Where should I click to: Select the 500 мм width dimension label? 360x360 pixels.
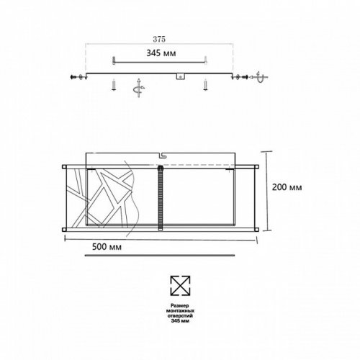click(x=107, y=248)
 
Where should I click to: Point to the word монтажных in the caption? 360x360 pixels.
click(x=178, y=312)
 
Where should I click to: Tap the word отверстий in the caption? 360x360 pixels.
click(x=178, y=318)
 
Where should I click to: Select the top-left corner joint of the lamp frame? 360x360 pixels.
click(x=65, y=166)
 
